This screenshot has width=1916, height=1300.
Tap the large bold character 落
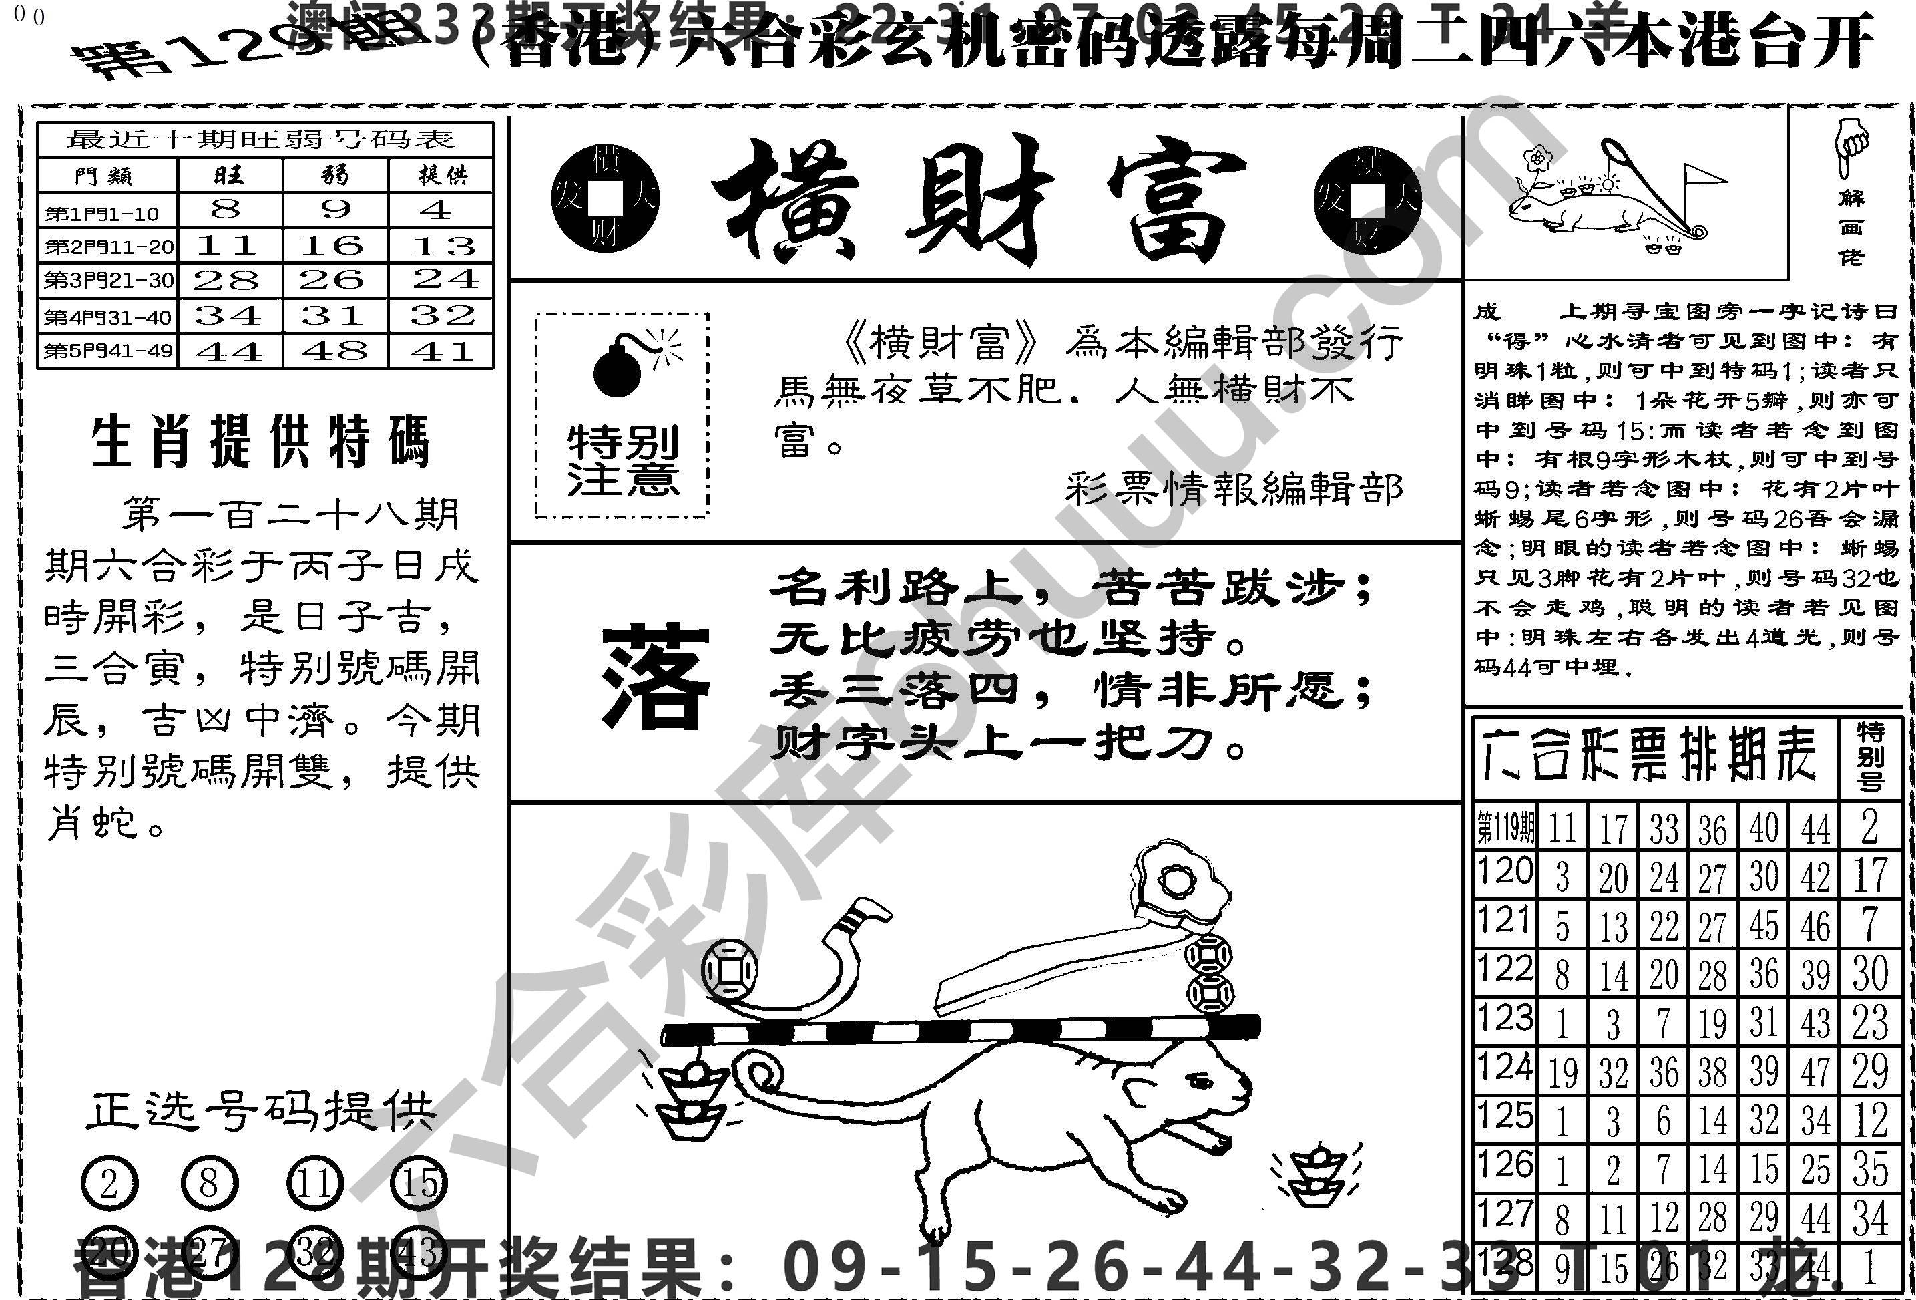click(x=656, y=678)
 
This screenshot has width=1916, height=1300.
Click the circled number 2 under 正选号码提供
click(x=109, y=1184)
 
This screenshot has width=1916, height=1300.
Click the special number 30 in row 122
click(x=1870, y=973)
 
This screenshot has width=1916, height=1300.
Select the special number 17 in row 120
click(x=1870, y=876)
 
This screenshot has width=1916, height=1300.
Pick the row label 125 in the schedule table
click(x=1505, y=1117)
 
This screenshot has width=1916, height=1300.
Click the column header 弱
click(x=334, y=175)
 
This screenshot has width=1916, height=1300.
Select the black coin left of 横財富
click(x=606, y=198)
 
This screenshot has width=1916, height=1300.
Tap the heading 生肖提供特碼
click(x=260, y=442)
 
